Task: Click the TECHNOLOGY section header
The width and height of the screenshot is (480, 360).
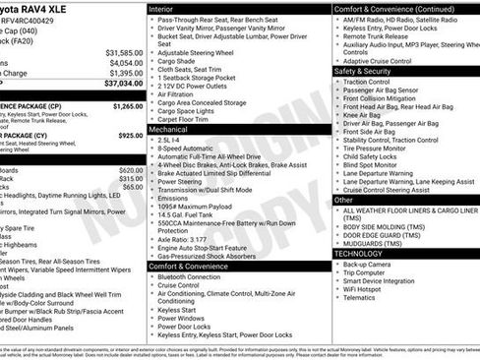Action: click(358, 254)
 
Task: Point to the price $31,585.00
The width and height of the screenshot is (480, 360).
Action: click(124, 52)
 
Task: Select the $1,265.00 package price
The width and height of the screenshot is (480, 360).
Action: click(127, 105)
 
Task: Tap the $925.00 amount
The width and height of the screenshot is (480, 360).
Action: click(130, 135)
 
